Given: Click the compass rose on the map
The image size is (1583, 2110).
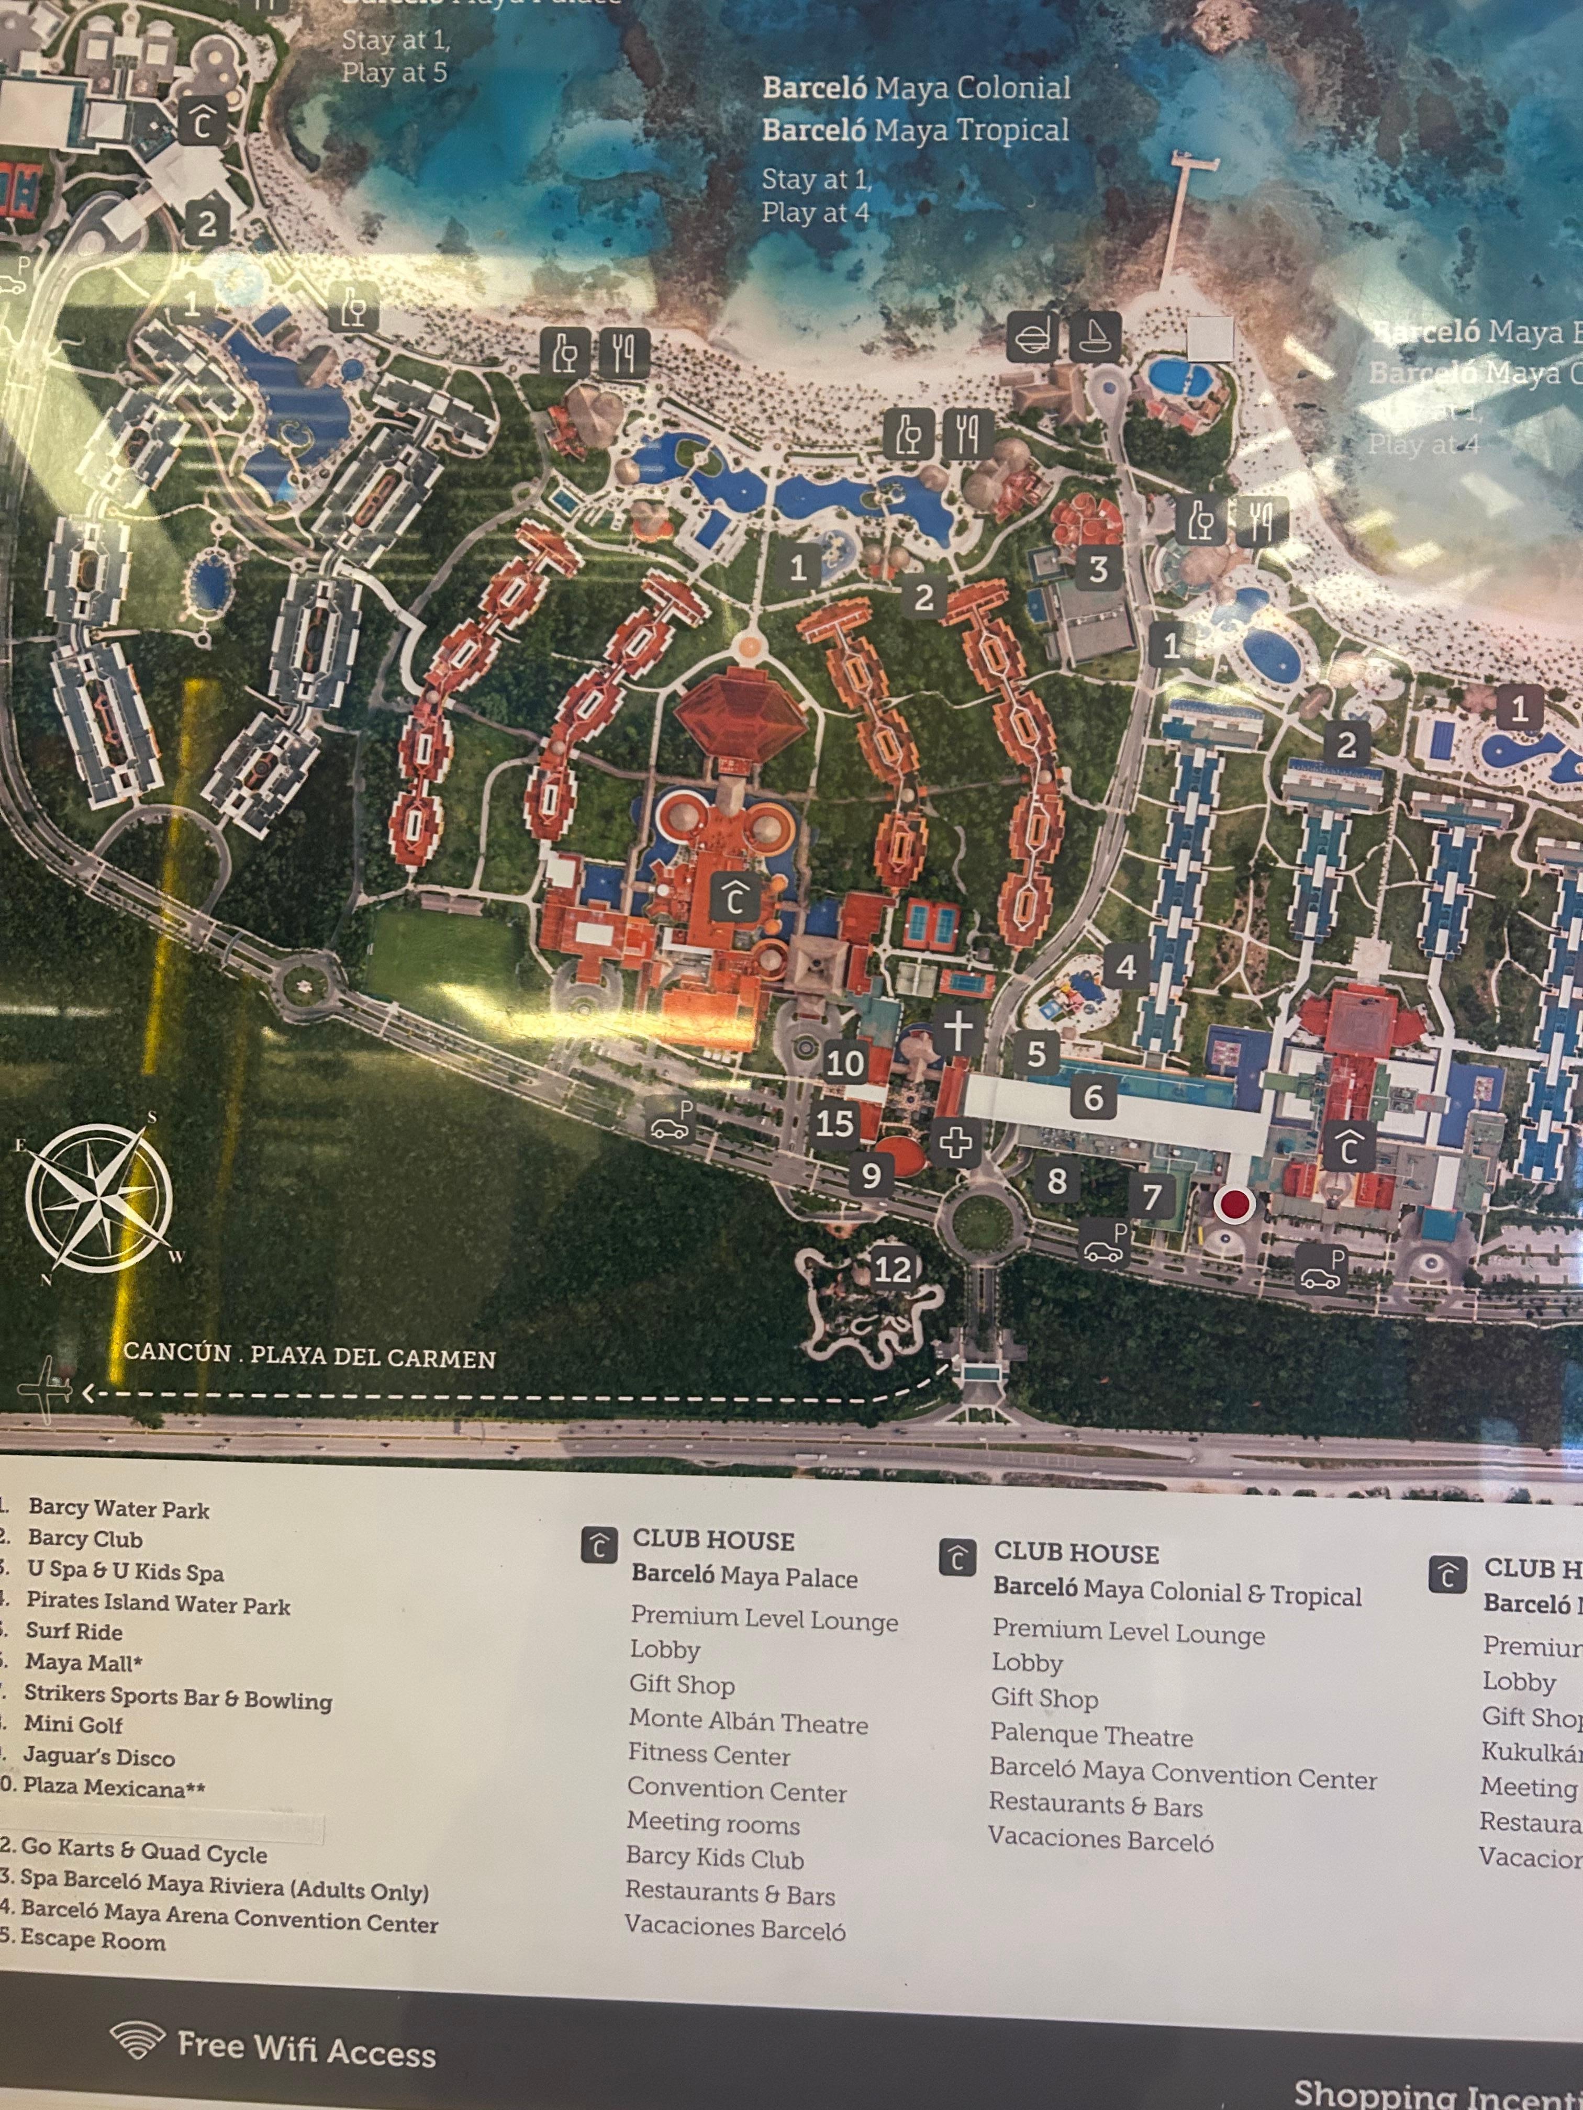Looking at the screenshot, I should click(x=100, y=1197).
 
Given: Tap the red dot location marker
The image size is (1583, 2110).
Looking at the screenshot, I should click(x=1234, y=1205).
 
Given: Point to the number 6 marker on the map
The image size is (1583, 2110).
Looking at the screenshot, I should click(x=1094, y=1098).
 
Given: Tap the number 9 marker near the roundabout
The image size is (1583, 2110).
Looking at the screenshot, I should click(x=870, y=1174).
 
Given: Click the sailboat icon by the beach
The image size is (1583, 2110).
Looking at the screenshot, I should click(x=1095, y=335).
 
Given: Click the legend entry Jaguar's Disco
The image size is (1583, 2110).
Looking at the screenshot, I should click(x=99, y=1756).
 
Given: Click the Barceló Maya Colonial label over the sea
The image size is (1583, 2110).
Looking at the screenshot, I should click(x=916, y=89).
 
